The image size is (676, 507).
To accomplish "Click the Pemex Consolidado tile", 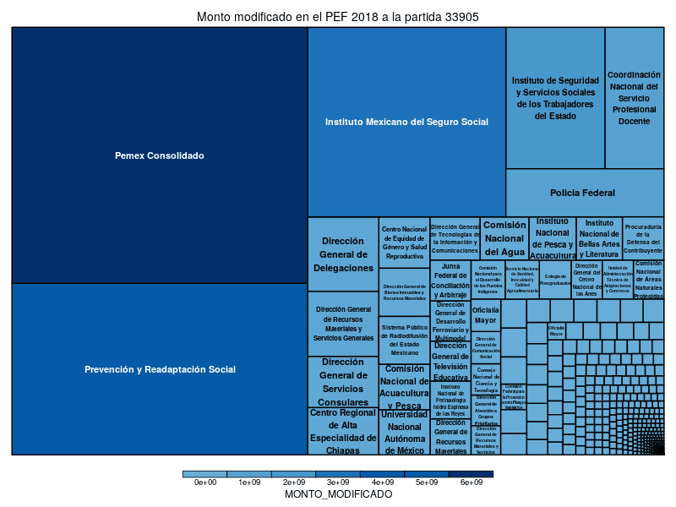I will click(159, 155).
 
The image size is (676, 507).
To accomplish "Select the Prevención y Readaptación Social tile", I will click(159, 369).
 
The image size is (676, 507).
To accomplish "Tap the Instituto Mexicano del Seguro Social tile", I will click(406, 122).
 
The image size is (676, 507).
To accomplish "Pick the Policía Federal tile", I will click(584, 193).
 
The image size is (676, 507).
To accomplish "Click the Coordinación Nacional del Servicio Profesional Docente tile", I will click(634, 97).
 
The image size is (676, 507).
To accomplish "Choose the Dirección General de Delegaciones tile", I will click(343, 253).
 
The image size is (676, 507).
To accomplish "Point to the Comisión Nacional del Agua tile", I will click(504, 238).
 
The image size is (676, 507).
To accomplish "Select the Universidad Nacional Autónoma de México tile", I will click(404, 432).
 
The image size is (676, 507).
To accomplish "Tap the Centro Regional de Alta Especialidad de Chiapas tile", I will click(343, 431).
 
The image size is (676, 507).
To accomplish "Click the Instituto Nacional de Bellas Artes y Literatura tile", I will click(599, 238).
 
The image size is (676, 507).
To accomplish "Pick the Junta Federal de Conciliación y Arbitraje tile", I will click(450, 281).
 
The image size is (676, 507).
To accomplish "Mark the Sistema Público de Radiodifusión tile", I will click(404, 339).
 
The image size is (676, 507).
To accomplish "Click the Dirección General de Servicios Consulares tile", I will click(343, 381).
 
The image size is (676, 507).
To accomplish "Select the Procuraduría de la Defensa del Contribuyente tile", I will click(643, 238).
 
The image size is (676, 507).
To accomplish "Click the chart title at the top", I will click(338, 16).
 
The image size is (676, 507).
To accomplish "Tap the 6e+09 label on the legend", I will click(471, 482).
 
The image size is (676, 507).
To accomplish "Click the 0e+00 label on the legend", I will click(205, 482).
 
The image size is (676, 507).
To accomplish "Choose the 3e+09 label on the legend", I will click(338, 482).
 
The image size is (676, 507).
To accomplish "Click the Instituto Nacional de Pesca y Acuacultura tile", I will click(553, 238).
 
